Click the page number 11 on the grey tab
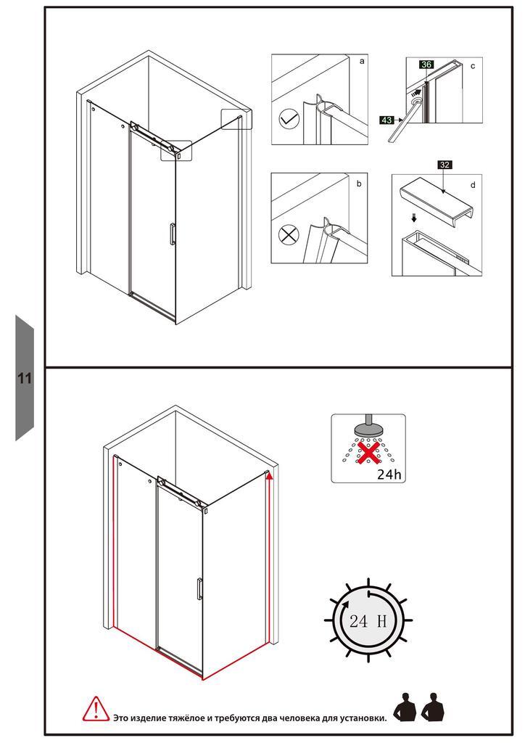coord(25,379)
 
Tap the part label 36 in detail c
coord(426,65)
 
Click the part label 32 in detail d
coord(445,165)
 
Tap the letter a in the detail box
coord(362,62)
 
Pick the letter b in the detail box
coord(358,184)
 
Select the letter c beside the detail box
coord(472,66)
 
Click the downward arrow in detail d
coord(414,217)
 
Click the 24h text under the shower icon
coord(389,475)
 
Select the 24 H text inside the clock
coord(366,621)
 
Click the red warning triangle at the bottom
coord(95,709)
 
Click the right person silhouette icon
coord(433,707)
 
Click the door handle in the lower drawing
coord(197,588)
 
